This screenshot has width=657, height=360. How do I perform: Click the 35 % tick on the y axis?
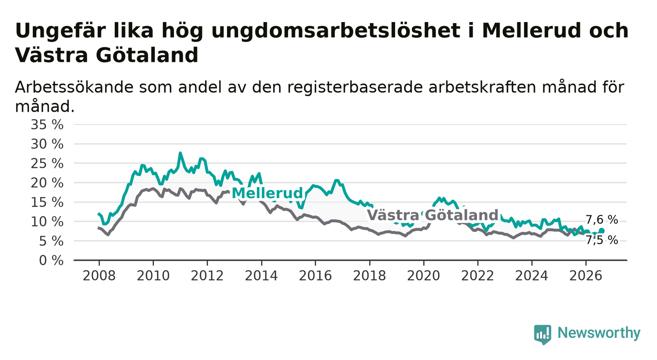point(47,125)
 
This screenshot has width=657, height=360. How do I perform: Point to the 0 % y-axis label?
point(51,260)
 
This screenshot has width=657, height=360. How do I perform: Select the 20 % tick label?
point(47,183)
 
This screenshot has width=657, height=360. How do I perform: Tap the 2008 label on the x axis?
point(99,276)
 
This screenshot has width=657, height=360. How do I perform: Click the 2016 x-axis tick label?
point(315,276)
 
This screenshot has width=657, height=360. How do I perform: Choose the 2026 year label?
point(586,276)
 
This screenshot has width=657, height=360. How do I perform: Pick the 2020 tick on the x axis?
point(424,276)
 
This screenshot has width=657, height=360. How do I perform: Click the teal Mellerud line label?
point(267,193)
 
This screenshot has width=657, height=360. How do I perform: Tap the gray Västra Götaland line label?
point(432,215)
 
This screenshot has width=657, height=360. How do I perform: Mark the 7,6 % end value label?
point(602,219)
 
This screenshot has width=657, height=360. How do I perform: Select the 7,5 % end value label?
point(602,240)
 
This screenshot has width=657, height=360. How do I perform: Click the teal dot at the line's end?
point(601,231)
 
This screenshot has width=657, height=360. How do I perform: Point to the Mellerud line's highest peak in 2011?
point(180,153)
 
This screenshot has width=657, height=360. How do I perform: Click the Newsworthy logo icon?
point(543,334)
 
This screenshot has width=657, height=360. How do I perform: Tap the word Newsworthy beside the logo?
point(599,333)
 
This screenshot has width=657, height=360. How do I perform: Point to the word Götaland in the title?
point(147,55)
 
